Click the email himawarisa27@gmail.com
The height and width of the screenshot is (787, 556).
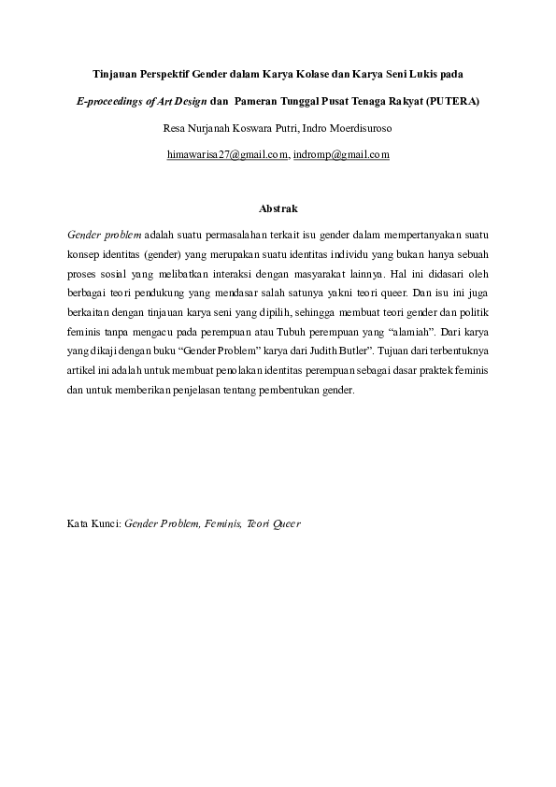(226, 154)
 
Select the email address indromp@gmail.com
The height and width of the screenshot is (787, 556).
(341, 154)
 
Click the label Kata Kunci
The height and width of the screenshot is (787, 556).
(93, 523)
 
